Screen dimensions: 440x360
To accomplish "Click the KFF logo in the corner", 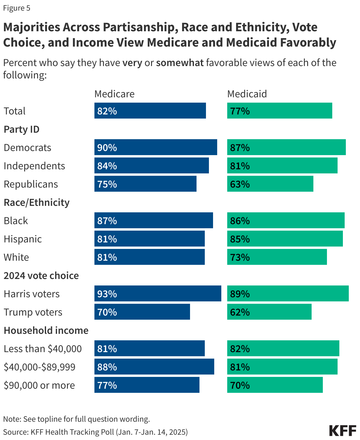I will (343, 431).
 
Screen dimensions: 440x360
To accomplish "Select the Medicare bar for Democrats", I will (156, 147).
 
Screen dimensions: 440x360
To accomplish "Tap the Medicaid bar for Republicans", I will (270, 184).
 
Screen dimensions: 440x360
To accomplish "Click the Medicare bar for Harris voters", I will (158, 293).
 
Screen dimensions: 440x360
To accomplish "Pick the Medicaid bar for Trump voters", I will (269, 312).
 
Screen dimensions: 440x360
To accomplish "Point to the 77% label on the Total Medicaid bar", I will (240, 111).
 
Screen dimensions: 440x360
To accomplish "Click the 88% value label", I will (107, 367).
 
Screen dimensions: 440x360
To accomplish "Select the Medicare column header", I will (114, 94).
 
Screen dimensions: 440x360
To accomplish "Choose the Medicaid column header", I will (247, 94).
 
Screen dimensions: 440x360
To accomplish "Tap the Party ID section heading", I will (22, 129).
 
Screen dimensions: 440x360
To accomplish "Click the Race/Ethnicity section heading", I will (37, 202).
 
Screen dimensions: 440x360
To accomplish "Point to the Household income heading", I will (46, 330).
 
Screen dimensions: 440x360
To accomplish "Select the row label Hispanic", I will (23, 239).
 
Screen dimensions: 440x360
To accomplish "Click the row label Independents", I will (34, 166).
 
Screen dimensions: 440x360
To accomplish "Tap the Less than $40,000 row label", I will (43, 349).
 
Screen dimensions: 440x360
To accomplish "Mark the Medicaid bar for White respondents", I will (277, 257).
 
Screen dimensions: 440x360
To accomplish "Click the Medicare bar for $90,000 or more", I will (147, 385).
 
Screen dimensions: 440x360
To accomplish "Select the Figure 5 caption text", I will (17, 8).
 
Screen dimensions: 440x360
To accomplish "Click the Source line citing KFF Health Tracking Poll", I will (95, 432).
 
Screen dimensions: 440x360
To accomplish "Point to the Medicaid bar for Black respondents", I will (286, 220).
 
